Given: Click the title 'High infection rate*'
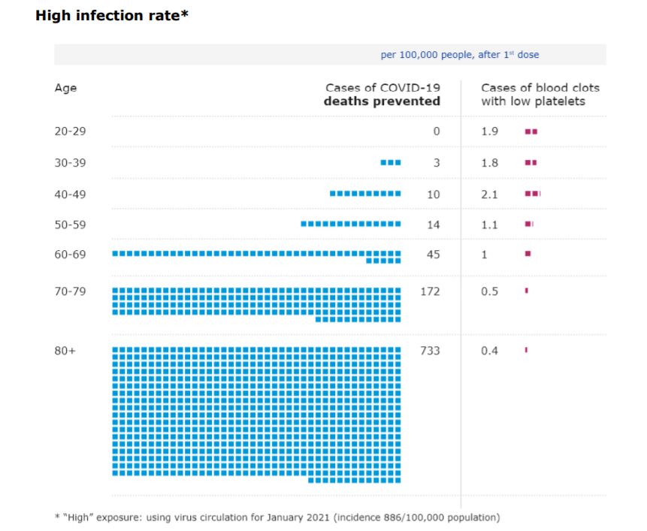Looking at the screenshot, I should pyautogui.click(x=111, y=16).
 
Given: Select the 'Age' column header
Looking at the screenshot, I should pyautogui.click(x=65, y=88).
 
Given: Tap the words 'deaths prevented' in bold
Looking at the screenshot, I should pyautogui.click(x=382, y=101).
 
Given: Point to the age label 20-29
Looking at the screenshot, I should pyautogui.click(x=70, y=131).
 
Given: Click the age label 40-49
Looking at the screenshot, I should pyautogui.click(x=70, y=195).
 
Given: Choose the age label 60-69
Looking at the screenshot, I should pyautogui.click(x=70, y=255).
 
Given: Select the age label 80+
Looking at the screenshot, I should pyautogui.click(x=65, y=351).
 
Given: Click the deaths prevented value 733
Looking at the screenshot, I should pyautogui.click(x=430, y=351).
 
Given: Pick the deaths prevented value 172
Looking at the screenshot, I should pyautogui.click(x=430, y=291).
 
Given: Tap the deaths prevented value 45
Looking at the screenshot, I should pyautogui.click(x=433, y=255).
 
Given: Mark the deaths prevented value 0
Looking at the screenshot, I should pyautogui.click(x=436, y=131).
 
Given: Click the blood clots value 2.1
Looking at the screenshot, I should pyautogui.click(x=489, y=195).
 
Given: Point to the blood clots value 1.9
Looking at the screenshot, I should pyautogui.click(x=489, y=131).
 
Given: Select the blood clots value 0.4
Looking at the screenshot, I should pyautogui.click(x=489, y=351).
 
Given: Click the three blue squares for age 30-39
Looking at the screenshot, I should pyautogui.click(x=391, y=162).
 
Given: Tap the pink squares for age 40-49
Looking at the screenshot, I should pyautogui.click(x=532, y=194).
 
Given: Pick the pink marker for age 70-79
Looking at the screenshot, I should pyautogui.click(x=526, y=291).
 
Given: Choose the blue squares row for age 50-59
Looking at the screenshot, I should pyautogui.click(x=350, y=224).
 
